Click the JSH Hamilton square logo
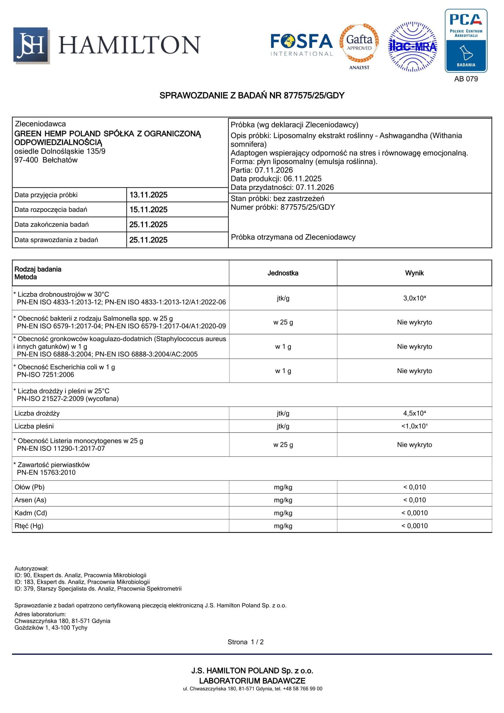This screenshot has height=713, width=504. pos(31,45)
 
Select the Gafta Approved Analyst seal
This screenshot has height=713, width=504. pos(359,46)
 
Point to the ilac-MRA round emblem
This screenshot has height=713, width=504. pos(412,47)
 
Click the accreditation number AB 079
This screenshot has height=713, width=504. pos(466,79)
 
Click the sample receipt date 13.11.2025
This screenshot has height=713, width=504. pos(148,195)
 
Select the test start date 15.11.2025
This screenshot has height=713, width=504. pos(148,210)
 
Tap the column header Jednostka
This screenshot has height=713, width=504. pos(283,273)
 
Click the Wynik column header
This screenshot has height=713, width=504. pos(414,273)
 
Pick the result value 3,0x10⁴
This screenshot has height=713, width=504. pos(414,298)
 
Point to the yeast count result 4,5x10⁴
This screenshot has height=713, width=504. pos(414,413)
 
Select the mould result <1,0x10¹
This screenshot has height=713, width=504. pos(414,426)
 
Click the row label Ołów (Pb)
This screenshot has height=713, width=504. pos(30,487)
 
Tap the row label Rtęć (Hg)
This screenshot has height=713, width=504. pos(29,526)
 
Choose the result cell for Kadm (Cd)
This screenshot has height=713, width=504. pos(414,513)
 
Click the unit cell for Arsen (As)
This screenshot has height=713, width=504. pos(283,500)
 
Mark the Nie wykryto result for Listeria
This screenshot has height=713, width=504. pos(414,445)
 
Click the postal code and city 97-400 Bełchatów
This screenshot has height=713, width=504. pos(46,160)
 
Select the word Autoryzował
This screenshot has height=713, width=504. pos(31,569)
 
